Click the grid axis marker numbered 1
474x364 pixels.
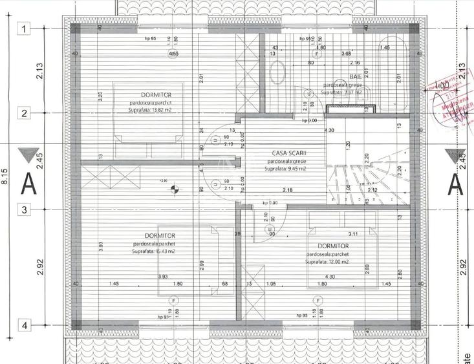pyautogui.click(x=24, y=29)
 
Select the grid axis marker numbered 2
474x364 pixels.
pyautogui.click(x=24, y=113)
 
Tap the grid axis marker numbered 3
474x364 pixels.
pyautogui.click(x=24, y=209)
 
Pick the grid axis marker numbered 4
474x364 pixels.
pyautogui.click(x=24, y=325)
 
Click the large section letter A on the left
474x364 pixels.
pyautogui.click(x=29, y=184)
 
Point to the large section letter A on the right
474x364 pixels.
pyautogui.click(x=456, y=184)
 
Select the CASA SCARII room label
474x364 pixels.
pyautogui.click(x=289, y=154)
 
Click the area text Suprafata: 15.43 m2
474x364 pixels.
pyautogui.click(x=156, y=252)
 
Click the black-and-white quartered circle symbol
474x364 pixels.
pyautogui.click(x=173, y=189)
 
